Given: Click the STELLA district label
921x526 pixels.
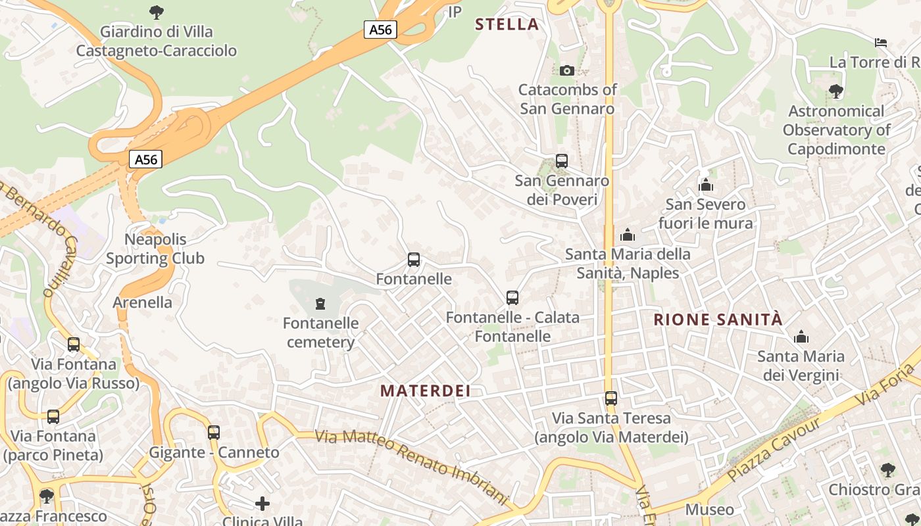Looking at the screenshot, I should (507, 25).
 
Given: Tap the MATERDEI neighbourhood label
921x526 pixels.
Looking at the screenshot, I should (426, 391).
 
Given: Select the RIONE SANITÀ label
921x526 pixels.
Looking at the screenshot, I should (718, 320).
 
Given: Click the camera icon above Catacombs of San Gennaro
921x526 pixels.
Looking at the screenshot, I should (566, 70).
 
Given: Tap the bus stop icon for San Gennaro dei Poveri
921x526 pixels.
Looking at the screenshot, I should (561, 160).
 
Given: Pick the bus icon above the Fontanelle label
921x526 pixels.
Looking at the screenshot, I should (413, 260).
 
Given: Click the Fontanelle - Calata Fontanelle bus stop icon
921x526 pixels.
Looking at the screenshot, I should (512, 298).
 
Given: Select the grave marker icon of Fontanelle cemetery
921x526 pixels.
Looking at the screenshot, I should (320, 303).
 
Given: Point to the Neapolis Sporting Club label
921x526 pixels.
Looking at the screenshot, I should (155, 249).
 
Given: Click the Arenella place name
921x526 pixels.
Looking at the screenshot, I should (143, 302).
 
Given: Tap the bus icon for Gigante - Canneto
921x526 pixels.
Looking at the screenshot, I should (213, 433).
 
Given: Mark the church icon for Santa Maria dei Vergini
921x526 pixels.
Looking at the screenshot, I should (801, 337).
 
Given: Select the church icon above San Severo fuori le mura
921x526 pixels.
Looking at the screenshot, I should (706, 185).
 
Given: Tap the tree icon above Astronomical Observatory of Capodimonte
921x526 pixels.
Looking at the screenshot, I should (835, 91).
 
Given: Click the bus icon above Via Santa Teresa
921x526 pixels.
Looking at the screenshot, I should (611, 398).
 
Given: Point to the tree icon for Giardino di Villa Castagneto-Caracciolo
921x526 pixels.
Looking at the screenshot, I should (156, 12).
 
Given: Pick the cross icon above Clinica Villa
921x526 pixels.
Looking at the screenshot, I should (262, 504).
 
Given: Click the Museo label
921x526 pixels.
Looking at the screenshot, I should (709, 510).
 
